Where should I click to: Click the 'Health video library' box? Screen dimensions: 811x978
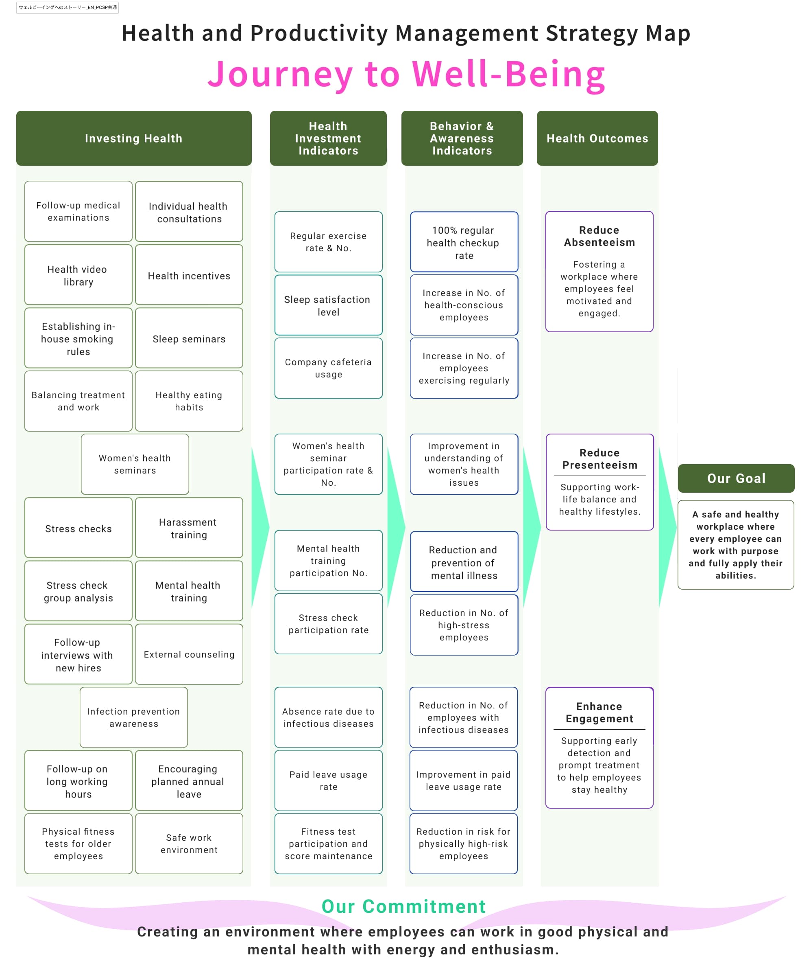(78, 275)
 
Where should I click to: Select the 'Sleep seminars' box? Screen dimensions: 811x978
(189, 338)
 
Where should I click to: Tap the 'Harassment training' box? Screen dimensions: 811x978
(189, 528)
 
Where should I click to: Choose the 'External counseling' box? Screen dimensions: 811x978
(189, 654)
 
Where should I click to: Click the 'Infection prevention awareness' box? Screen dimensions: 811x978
(133, 717)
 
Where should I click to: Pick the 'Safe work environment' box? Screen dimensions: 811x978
(189, 843)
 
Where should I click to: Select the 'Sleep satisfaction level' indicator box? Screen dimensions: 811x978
(329, 305)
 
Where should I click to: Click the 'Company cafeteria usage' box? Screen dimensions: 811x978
(329, 368)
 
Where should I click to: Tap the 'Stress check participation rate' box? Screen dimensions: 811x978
(329, 624)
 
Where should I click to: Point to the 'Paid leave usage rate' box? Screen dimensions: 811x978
(329, 780)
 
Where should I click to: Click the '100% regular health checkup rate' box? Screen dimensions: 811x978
(464, 242)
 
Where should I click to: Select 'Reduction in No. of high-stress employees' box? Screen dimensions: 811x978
(464, 625)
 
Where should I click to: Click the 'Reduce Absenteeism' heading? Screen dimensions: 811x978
(599, 236)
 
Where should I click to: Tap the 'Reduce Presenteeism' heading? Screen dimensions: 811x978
(600, 459)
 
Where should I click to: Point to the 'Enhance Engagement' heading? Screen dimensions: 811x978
(599, 713)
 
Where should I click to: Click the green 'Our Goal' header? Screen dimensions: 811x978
(736, 478)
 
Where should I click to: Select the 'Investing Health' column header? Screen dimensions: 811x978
(134, 138)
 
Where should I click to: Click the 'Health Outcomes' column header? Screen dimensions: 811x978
(597, 138)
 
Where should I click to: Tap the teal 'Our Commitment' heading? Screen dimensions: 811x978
(404, 906)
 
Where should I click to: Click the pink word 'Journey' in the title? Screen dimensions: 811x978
(281, 75)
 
